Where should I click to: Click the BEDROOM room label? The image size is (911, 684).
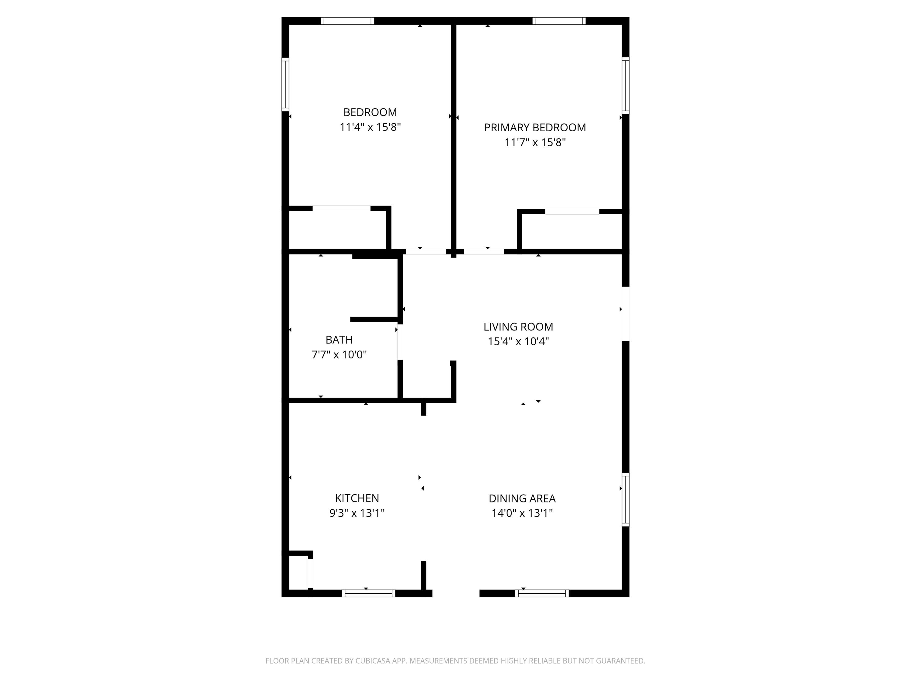coord(370,112)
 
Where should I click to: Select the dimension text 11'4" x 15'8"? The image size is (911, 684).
coord(370,127)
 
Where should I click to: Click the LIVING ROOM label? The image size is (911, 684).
coord(518,327)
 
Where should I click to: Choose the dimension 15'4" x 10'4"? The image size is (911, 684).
coord(518,342)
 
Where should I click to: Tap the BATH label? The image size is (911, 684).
coord(339,340)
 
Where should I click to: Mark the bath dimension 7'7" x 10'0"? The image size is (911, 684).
coord(339,354)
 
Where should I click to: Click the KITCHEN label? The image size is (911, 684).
coord(357,499)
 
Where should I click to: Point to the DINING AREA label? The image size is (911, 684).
coord(522,499)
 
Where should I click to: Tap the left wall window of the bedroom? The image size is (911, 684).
coord(285,85)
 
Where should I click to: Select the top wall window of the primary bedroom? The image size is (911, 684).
coord(559,21)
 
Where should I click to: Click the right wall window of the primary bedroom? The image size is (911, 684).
coord(625,86)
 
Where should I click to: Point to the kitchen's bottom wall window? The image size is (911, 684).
coord(368,593)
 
